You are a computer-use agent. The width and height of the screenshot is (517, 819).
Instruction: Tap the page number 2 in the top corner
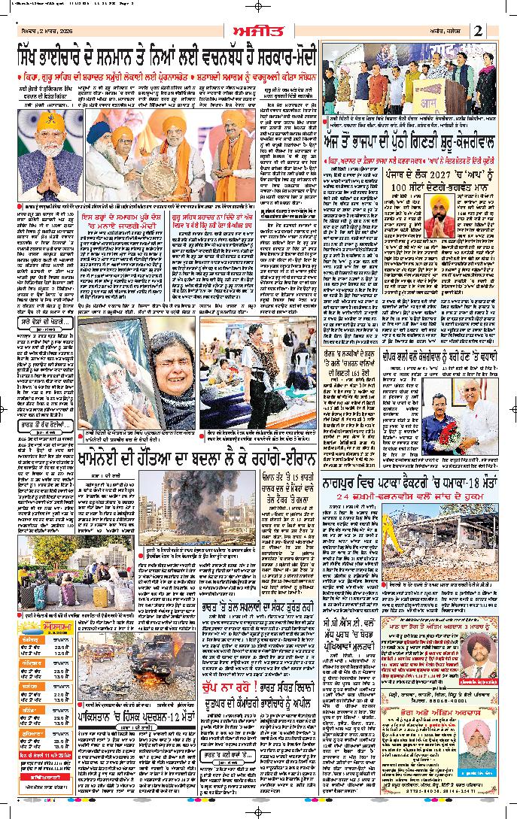click(479, 30)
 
